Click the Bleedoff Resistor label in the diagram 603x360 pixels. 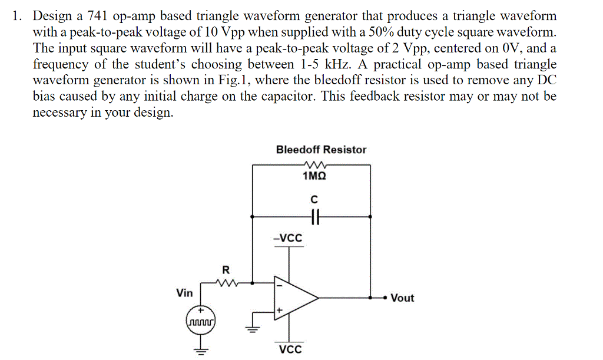point(321,150)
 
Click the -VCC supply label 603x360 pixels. point(288,239)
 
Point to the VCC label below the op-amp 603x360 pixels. point(290,350)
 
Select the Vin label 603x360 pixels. point(184,293)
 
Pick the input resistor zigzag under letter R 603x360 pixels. point(225,283)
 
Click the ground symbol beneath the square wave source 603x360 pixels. point(201,351)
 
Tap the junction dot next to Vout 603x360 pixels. point(371,298)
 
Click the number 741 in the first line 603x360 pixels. point(96,16)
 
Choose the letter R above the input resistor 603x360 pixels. point(225,270)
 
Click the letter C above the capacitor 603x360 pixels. point(314,200)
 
